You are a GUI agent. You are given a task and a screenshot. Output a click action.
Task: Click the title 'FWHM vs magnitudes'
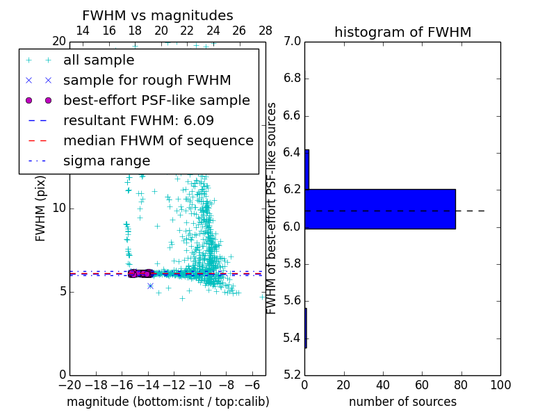pos(158,15)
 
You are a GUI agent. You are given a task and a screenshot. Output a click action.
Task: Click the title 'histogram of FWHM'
pos(402,32)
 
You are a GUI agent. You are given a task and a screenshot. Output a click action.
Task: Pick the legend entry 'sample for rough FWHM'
pos(147,81)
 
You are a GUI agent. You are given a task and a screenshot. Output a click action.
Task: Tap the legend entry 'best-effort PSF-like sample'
pos(156,101)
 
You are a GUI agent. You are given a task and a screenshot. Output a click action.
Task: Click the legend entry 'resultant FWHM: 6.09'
pos(138,121)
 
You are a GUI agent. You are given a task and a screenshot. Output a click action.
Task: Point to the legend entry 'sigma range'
pos(106,161)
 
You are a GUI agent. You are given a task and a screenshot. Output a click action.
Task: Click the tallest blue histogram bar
pos(380,208)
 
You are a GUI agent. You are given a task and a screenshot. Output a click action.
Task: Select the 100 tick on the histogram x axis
pos(500,384)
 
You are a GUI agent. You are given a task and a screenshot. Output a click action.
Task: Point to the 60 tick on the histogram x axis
pos(422,384)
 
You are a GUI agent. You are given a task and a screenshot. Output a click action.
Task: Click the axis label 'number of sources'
pos(402,402)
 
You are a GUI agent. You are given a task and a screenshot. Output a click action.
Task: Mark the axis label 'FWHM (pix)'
pos(41,208)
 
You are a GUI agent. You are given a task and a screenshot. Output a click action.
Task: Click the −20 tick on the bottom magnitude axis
pos(69,384)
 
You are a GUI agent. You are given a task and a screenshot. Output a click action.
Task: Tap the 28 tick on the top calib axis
pos(265,31)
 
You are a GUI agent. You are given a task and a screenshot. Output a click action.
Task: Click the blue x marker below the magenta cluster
pos(150,286)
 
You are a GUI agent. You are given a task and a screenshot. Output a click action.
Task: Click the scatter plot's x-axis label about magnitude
pos(167,402)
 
